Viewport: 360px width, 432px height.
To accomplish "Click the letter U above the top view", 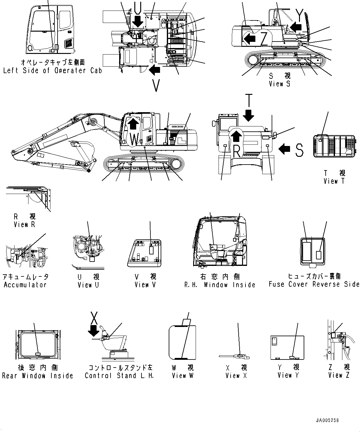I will click(138, 7).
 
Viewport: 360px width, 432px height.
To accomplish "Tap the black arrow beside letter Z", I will click(249, 39).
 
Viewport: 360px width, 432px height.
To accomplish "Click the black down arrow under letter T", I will click(249, 116).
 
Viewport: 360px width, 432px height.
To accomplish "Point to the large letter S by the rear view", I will click(299, 150).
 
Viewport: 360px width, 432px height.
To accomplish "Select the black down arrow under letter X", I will click(93, 332).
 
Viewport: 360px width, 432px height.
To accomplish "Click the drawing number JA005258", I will click(327, 421).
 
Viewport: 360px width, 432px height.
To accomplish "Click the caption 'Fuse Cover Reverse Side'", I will click(314, 284).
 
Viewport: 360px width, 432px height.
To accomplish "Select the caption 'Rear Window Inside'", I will click(37, 376).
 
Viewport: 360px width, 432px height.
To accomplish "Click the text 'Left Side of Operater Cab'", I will click(52, 71).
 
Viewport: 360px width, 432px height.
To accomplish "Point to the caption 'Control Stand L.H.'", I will click(119, 376).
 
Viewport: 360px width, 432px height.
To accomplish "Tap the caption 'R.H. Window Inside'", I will click(220, 284).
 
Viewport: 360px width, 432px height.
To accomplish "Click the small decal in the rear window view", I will click(38, 354).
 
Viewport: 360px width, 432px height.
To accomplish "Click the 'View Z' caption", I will click(339, 375).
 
